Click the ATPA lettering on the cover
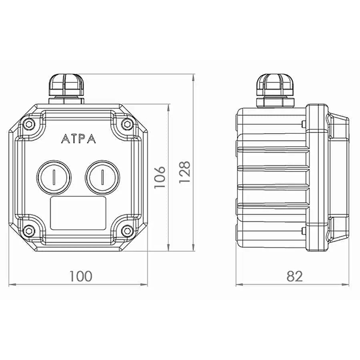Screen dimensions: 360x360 pos(78,139)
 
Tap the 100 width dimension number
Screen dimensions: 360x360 pos(81,276)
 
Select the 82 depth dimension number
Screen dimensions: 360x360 pos(295,276)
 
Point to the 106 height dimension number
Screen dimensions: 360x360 pos(160,177)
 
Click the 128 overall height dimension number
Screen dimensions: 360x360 pos(185,172)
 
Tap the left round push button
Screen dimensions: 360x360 pos(54,177)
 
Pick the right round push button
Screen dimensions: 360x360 pos(103,177)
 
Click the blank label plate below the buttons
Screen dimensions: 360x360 pos(78,213)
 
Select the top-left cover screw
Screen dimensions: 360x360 pos(29,124)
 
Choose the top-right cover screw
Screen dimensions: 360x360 pos(127,124)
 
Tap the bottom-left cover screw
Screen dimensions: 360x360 pos(29,230)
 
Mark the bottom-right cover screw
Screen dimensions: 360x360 pos(127,230)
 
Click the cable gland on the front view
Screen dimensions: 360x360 pos(66,89)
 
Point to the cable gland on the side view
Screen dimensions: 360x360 pos(275,91)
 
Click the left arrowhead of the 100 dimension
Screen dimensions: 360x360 pos(12,284)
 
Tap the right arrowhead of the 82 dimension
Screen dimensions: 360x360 pos(346,284)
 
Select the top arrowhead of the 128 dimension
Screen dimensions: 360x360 pos(193,77)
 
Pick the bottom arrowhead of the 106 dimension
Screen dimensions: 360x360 pos(169,247)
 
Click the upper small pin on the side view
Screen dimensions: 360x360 pos(303,124)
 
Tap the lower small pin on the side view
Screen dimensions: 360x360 pos(303,231)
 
